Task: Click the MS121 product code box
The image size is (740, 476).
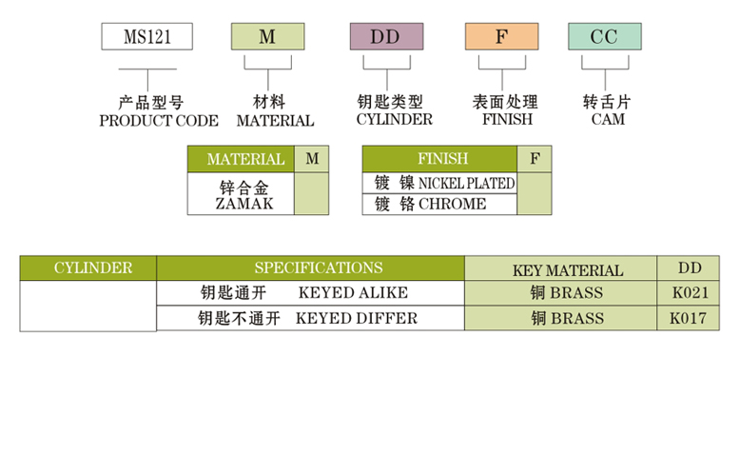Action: (x=147, y=37)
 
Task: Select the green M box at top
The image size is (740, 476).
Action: (x=267, y=37)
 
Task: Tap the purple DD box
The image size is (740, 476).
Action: (x=385, y=37)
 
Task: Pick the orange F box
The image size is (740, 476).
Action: (x=501, y=37)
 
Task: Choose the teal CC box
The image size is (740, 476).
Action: (x=604, y=37)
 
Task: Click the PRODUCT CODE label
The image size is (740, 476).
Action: (x=158, y=121)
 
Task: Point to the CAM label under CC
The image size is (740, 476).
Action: (x=607, y=120)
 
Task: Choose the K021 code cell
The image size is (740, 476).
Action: (x=688, y=292)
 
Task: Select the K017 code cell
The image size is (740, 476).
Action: (x=688, y=318)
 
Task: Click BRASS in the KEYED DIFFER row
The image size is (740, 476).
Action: (x=567, y=318)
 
